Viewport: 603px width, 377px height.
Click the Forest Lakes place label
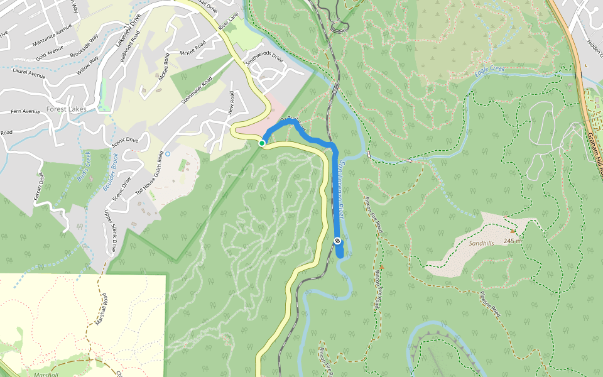click(65, 109)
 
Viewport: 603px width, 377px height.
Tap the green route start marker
click(261, 143)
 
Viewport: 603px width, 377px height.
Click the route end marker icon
click(338, 241)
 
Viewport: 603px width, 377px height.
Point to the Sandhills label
click(482, 243)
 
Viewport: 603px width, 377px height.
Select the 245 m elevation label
click(513, 241)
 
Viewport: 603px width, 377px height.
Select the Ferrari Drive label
click(40, 188)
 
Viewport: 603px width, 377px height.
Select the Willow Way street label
click(89, 65)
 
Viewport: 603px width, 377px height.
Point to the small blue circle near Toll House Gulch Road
click(168, 153)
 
